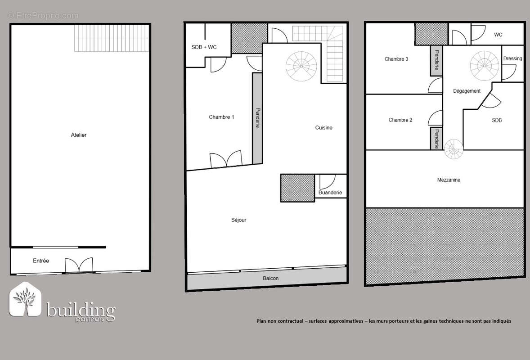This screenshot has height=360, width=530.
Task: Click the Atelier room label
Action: click(79, 135)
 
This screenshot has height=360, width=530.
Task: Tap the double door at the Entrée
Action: click(79, 265)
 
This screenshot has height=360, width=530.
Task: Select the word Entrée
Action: click(41, 261)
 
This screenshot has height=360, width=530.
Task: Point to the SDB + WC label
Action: click(204, 47)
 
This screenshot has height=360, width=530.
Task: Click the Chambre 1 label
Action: click(221, 117)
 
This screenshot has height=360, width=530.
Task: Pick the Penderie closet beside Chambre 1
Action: click(257, 118)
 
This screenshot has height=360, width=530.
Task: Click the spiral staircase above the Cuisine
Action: click(301, 66)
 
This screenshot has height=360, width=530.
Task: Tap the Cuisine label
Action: click(324, 127)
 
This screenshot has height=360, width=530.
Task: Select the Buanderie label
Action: click(330, 192)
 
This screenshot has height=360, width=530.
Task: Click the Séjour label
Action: click(238, 220)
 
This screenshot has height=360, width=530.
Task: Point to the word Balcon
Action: click(271, 278)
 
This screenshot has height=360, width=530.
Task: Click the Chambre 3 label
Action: click(396, 59)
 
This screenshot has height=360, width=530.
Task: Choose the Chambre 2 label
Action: click(400, 120)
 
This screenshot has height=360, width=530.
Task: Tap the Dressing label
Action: click(513, 58)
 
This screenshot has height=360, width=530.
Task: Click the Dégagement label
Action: click(467, 91)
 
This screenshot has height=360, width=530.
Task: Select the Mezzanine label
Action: click(449, 180)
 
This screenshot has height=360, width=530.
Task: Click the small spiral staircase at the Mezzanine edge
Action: click(454, 149)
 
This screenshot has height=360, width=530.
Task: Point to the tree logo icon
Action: click(25, 300)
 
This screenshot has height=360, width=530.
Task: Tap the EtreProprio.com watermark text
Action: click(43, 16)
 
